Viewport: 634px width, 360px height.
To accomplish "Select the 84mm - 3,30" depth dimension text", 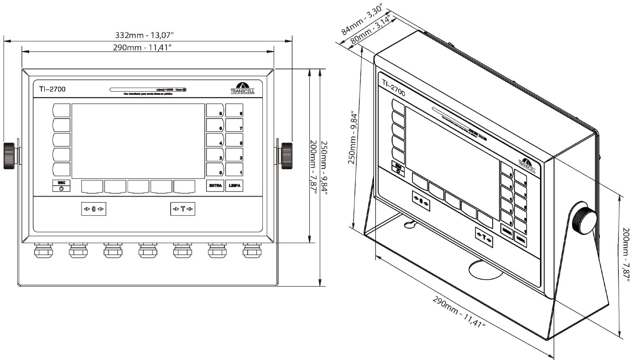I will click(361, 21).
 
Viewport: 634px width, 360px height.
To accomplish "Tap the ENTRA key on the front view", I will click(215, 186).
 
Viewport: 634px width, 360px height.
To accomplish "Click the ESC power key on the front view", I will click(61, 186).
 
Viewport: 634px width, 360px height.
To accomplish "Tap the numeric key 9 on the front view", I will click(234, 110).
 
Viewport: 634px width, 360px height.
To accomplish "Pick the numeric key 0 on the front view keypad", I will click(215, 170).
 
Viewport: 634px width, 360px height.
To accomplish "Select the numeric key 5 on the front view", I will click(234, 140).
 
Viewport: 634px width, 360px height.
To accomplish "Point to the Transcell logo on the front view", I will click(243, 88).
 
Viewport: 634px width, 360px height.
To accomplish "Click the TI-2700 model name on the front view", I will click(52, 89).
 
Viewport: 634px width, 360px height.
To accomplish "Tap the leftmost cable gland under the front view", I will click(43, 250).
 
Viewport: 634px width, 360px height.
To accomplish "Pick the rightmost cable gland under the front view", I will click(252, 250).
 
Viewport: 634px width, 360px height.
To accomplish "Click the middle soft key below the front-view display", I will click(138, 186).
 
